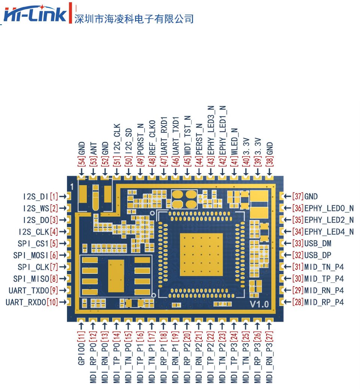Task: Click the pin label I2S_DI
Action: (35, 196)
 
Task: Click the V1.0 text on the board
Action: (259, 304)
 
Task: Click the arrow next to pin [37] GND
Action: (287, 196)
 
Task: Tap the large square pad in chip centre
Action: (201, 254)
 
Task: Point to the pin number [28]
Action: (298, 302)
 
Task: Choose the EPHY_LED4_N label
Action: (329, 232)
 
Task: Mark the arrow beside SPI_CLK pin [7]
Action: (63, 267)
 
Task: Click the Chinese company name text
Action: (134, 18)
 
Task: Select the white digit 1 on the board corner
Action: (71, 186)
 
